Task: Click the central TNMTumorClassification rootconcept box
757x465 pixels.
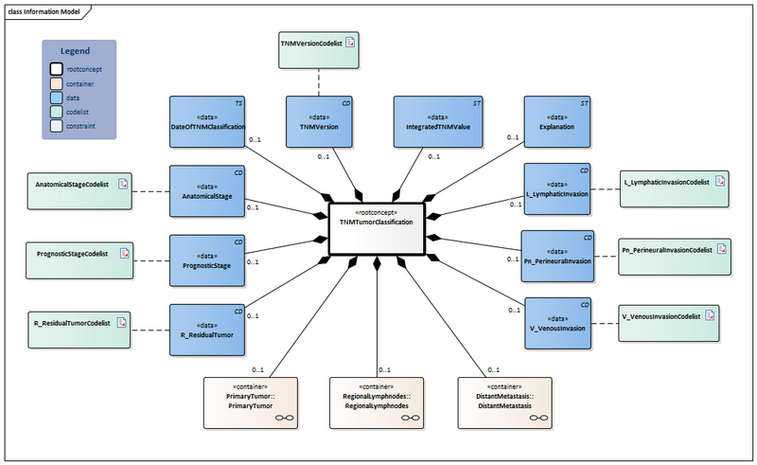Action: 377,228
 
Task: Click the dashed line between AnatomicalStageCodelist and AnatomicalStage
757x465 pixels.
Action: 151,192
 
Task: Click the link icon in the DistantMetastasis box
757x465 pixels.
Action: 538,416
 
